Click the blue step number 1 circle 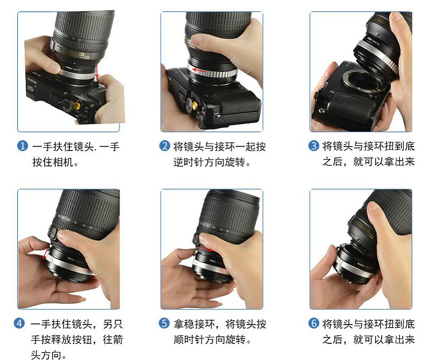23,146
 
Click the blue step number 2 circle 164,146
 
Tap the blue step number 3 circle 314,146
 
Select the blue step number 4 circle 19,323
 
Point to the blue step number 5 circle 164,323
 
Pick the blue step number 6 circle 314,323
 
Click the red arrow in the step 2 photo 199,70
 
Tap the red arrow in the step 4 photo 46,254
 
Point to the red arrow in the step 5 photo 206,249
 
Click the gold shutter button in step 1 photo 77,105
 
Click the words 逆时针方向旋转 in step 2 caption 209,162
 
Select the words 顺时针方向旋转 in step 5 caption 210,340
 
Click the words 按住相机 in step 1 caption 53,162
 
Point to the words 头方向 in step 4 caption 46,355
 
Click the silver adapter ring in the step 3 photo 378,55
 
